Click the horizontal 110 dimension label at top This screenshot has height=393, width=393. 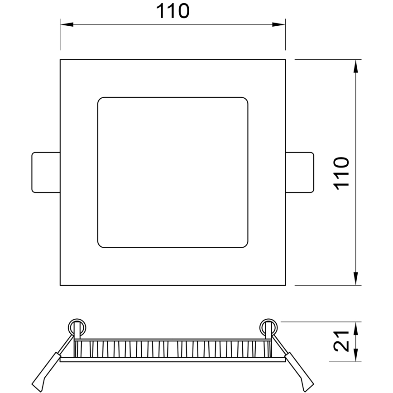[173, 11]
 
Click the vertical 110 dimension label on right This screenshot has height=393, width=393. [342, 172]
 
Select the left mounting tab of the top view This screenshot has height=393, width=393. [46, 172]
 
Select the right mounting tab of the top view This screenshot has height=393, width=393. [299, 172]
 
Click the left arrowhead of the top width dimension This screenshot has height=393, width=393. [66, 24]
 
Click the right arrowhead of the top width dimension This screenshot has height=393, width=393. [280, 24]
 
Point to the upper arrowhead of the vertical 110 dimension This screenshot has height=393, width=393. [356, 66]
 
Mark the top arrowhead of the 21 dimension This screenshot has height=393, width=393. [356, 327]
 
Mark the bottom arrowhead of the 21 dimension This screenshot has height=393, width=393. [356, 356]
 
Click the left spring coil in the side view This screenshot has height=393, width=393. [77, 327]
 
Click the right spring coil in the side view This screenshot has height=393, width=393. [268, 327]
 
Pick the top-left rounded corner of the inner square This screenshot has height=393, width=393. [101, 100]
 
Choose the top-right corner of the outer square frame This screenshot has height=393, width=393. [285, 60]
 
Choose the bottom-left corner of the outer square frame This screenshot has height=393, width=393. [61, 285]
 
